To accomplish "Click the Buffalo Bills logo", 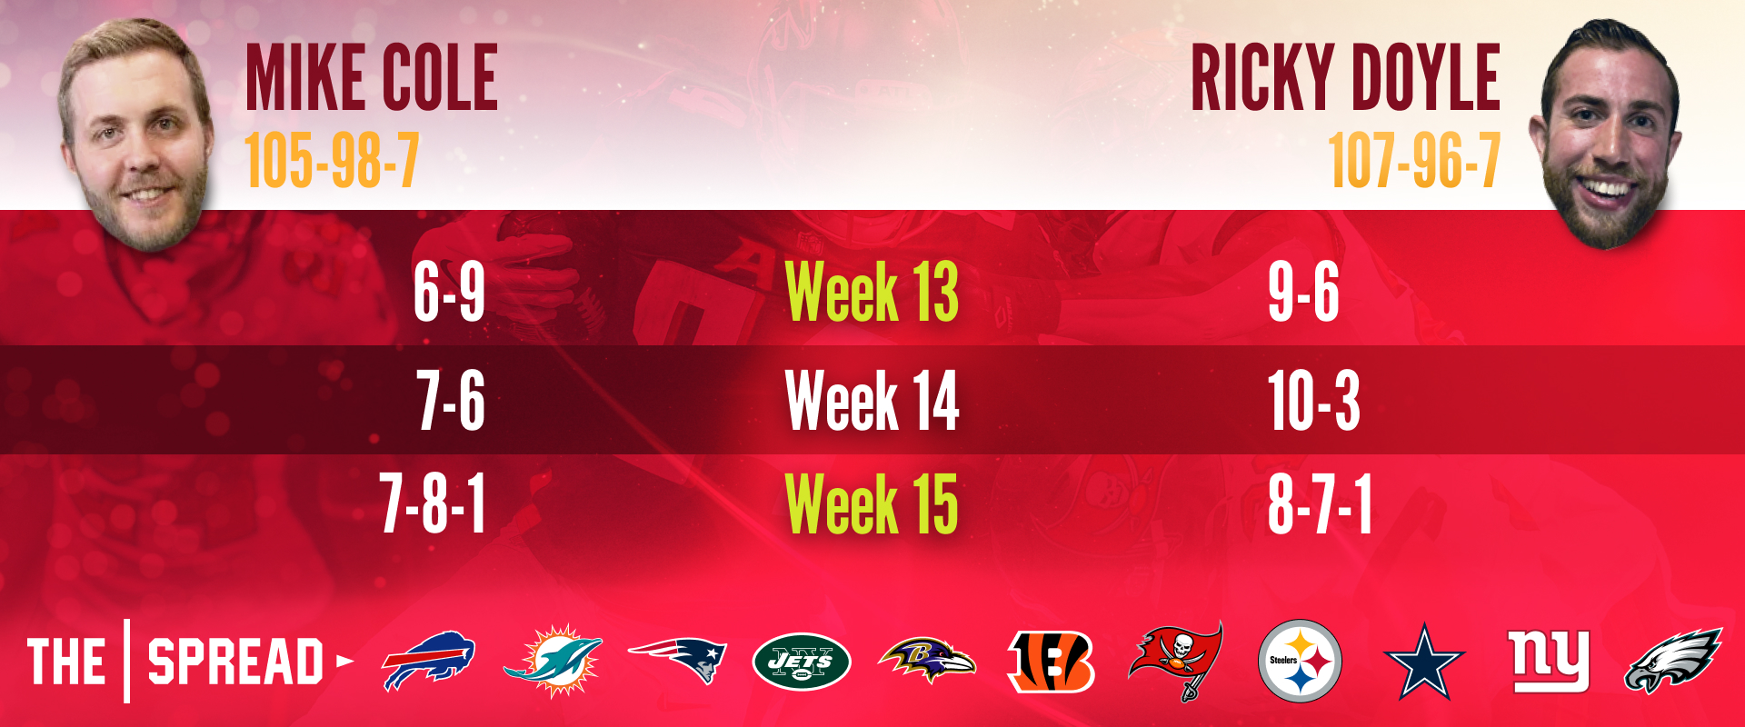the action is pos(428,661).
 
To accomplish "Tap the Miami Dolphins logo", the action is pos(553,661).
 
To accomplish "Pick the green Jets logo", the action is pos(802,661).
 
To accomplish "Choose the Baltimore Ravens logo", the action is pos(927,661).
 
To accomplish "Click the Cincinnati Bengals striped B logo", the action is pos(1052,661).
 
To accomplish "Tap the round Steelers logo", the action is pos(1301,661).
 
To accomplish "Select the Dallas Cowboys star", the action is pos(1424,662).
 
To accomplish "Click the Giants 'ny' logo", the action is pos(1549,661).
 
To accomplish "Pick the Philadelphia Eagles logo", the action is pos(1673,661).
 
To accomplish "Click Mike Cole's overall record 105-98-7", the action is pos(332,160).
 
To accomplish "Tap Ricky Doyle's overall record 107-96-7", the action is pos(1414,160).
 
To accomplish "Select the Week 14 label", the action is pos(872,400).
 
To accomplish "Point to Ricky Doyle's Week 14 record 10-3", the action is pos(1314,400).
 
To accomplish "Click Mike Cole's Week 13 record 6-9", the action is pos(449,292).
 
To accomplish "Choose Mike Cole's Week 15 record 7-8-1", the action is pos(433,503).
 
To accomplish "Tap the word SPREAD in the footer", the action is pos(235,662).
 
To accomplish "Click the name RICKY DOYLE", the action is pos(1345,78).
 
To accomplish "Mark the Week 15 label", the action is pos(872,503).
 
